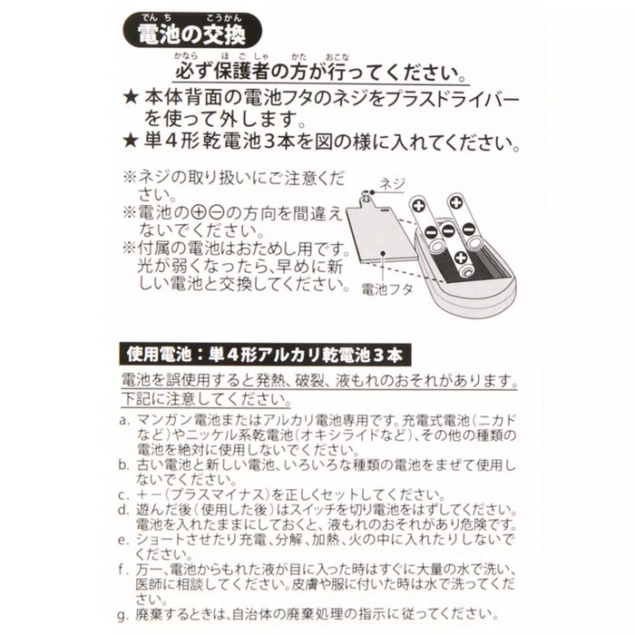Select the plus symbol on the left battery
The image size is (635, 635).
tap(418, 206)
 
